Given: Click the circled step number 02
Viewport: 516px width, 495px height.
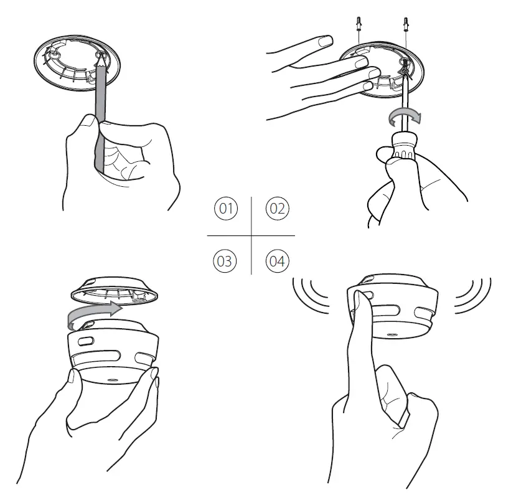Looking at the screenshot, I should tap(277, 208).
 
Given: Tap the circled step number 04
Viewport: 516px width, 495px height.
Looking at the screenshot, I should tap(277, 260).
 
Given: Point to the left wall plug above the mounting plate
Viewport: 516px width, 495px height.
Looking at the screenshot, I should tap(360, 24).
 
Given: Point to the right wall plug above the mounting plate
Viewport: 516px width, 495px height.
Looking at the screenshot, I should tap(406, 24).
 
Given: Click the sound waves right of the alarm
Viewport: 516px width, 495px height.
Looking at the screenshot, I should tap(475, 293).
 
